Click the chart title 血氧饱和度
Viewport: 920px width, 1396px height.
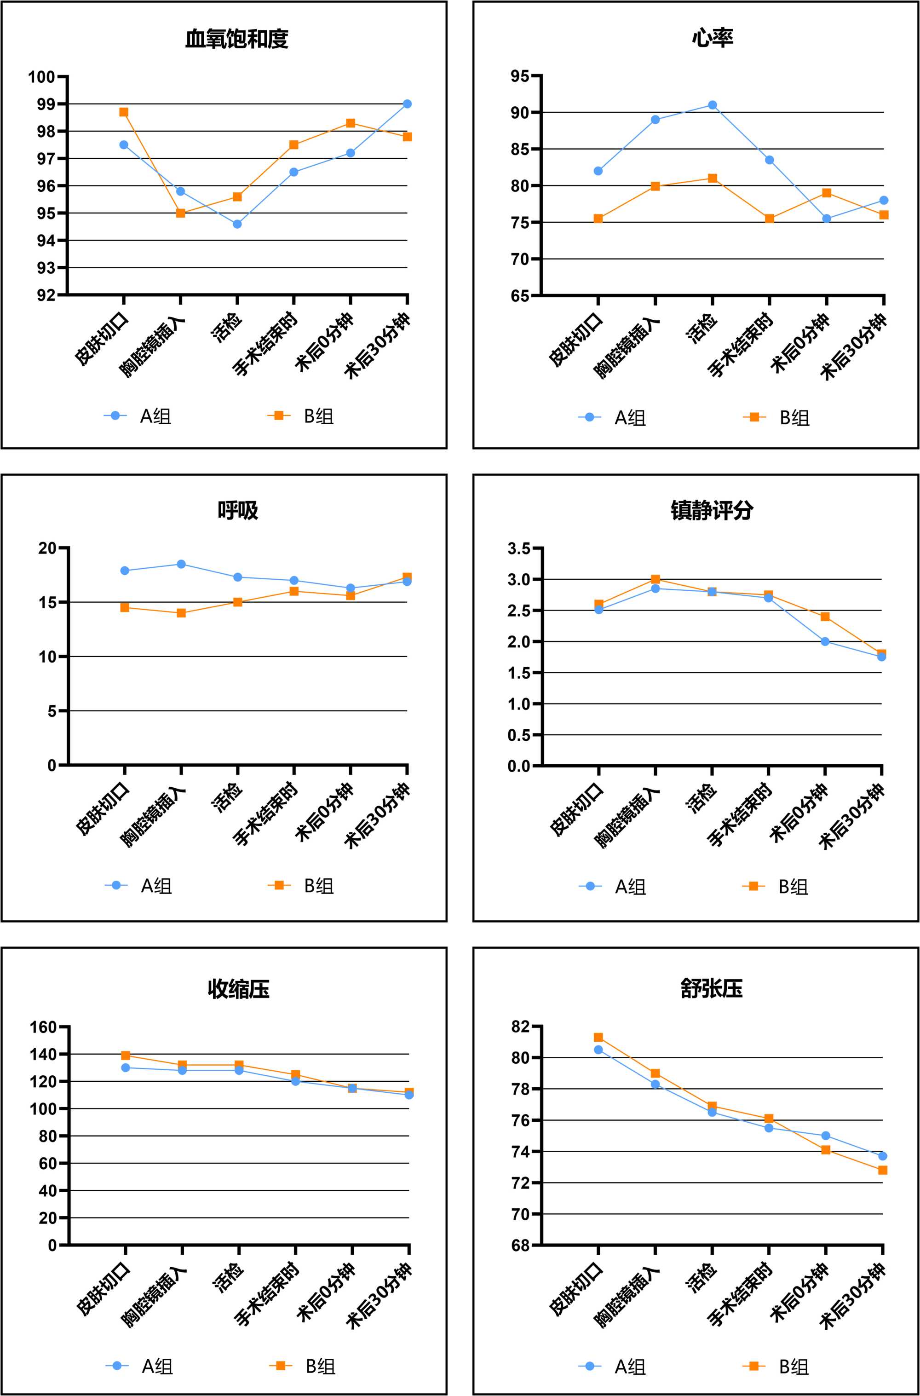point(236,39)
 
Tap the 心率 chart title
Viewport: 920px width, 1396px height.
point(712,38)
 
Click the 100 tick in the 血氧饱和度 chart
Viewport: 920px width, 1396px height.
point(41,77)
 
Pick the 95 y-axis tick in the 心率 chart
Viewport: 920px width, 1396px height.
point(519,76)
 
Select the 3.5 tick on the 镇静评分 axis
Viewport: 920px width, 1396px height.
point(519,548)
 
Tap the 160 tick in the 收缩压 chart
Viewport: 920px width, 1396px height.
point(43,1027)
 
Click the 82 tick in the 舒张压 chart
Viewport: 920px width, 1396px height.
point(520,1027)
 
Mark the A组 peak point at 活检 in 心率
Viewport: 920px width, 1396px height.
point(712,105)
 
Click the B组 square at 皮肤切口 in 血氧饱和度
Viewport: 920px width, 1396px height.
point(124,112)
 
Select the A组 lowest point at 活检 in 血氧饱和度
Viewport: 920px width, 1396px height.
point(237,224)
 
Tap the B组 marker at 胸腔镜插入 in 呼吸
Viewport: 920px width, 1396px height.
point(181,613)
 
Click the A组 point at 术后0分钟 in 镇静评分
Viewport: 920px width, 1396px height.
point(825,641)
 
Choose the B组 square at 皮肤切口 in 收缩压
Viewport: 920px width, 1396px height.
point(126,1056)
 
